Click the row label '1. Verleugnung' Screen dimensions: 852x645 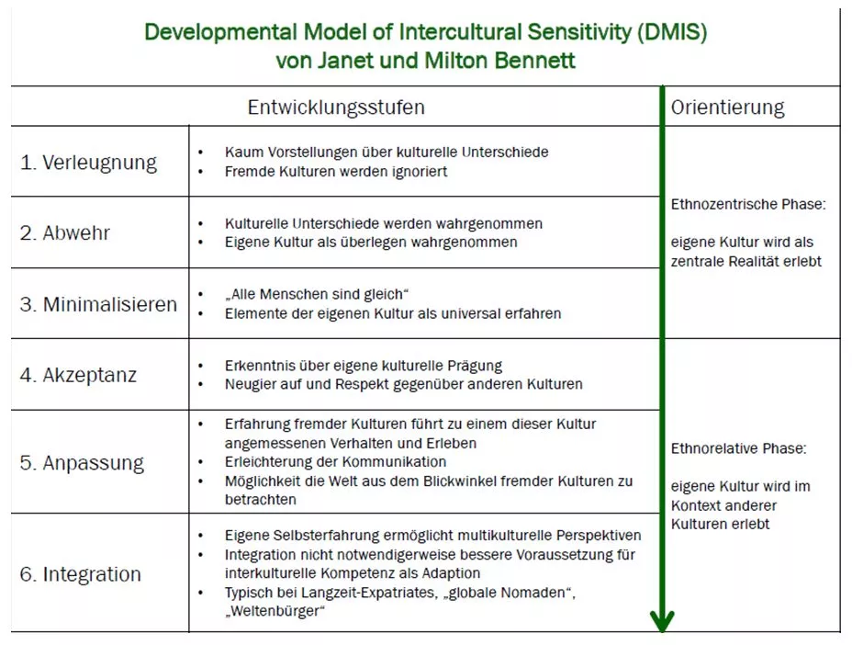[88, 163]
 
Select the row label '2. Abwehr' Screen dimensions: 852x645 [64, 232]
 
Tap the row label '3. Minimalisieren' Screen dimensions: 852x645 [98, 304]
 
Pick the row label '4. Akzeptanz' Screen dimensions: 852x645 [78, 375]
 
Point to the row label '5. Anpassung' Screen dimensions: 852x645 [82, 463]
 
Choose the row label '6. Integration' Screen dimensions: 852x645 [81, 574]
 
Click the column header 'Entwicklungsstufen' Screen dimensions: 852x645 [336, 107]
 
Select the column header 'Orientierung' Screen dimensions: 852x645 [727, 107]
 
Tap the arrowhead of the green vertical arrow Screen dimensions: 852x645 [662, 621]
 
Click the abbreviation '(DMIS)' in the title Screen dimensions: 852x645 [672, 32]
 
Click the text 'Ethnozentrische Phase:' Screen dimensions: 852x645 [748, 204]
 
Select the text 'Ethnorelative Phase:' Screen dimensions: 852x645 [739, 448]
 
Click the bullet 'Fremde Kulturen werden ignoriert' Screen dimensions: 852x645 [336, 171]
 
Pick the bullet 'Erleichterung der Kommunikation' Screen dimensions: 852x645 [335, 462]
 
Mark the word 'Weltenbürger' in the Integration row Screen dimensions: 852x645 [275, 611]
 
